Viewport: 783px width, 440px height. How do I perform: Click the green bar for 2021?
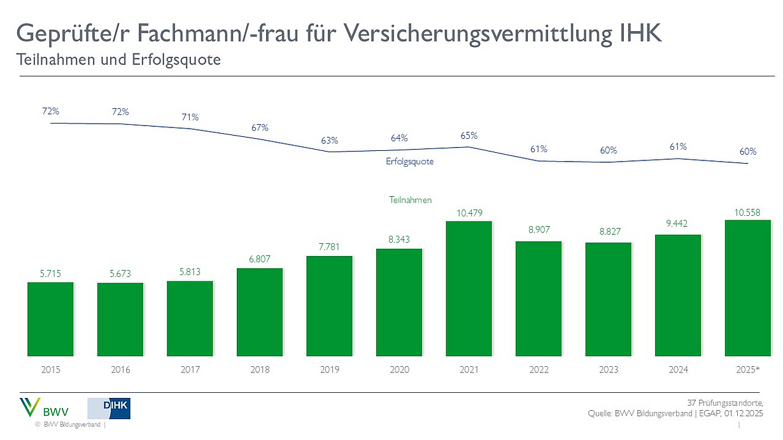click(469, 288)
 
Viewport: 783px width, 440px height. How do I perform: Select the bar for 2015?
click(50, 318)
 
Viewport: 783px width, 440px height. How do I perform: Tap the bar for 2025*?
click(748, 287)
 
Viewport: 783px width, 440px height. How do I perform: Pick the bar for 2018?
click(260, 311)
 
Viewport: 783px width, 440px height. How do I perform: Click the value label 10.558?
click(748, 211)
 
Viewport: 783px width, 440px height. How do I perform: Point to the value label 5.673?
click(120, 274)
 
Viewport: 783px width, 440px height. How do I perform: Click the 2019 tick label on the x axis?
click(330, 370)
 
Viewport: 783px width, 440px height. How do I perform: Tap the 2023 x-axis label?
click(609, 370)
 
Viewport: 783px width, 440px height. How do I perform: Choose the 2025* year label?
click(748, 370)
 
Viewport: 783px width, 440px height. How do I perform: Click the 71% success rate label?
click(190, 117)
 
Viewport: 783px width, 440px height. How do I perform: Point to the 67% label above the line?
click(260, 127)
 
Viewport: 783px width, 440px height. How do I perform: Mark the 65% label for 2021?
click(469, 136)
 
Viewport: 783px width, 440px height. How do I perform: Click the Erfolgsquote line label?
click(409, 162)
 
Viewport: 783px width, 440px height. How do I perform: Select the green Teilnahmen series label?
click(410, 200)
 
